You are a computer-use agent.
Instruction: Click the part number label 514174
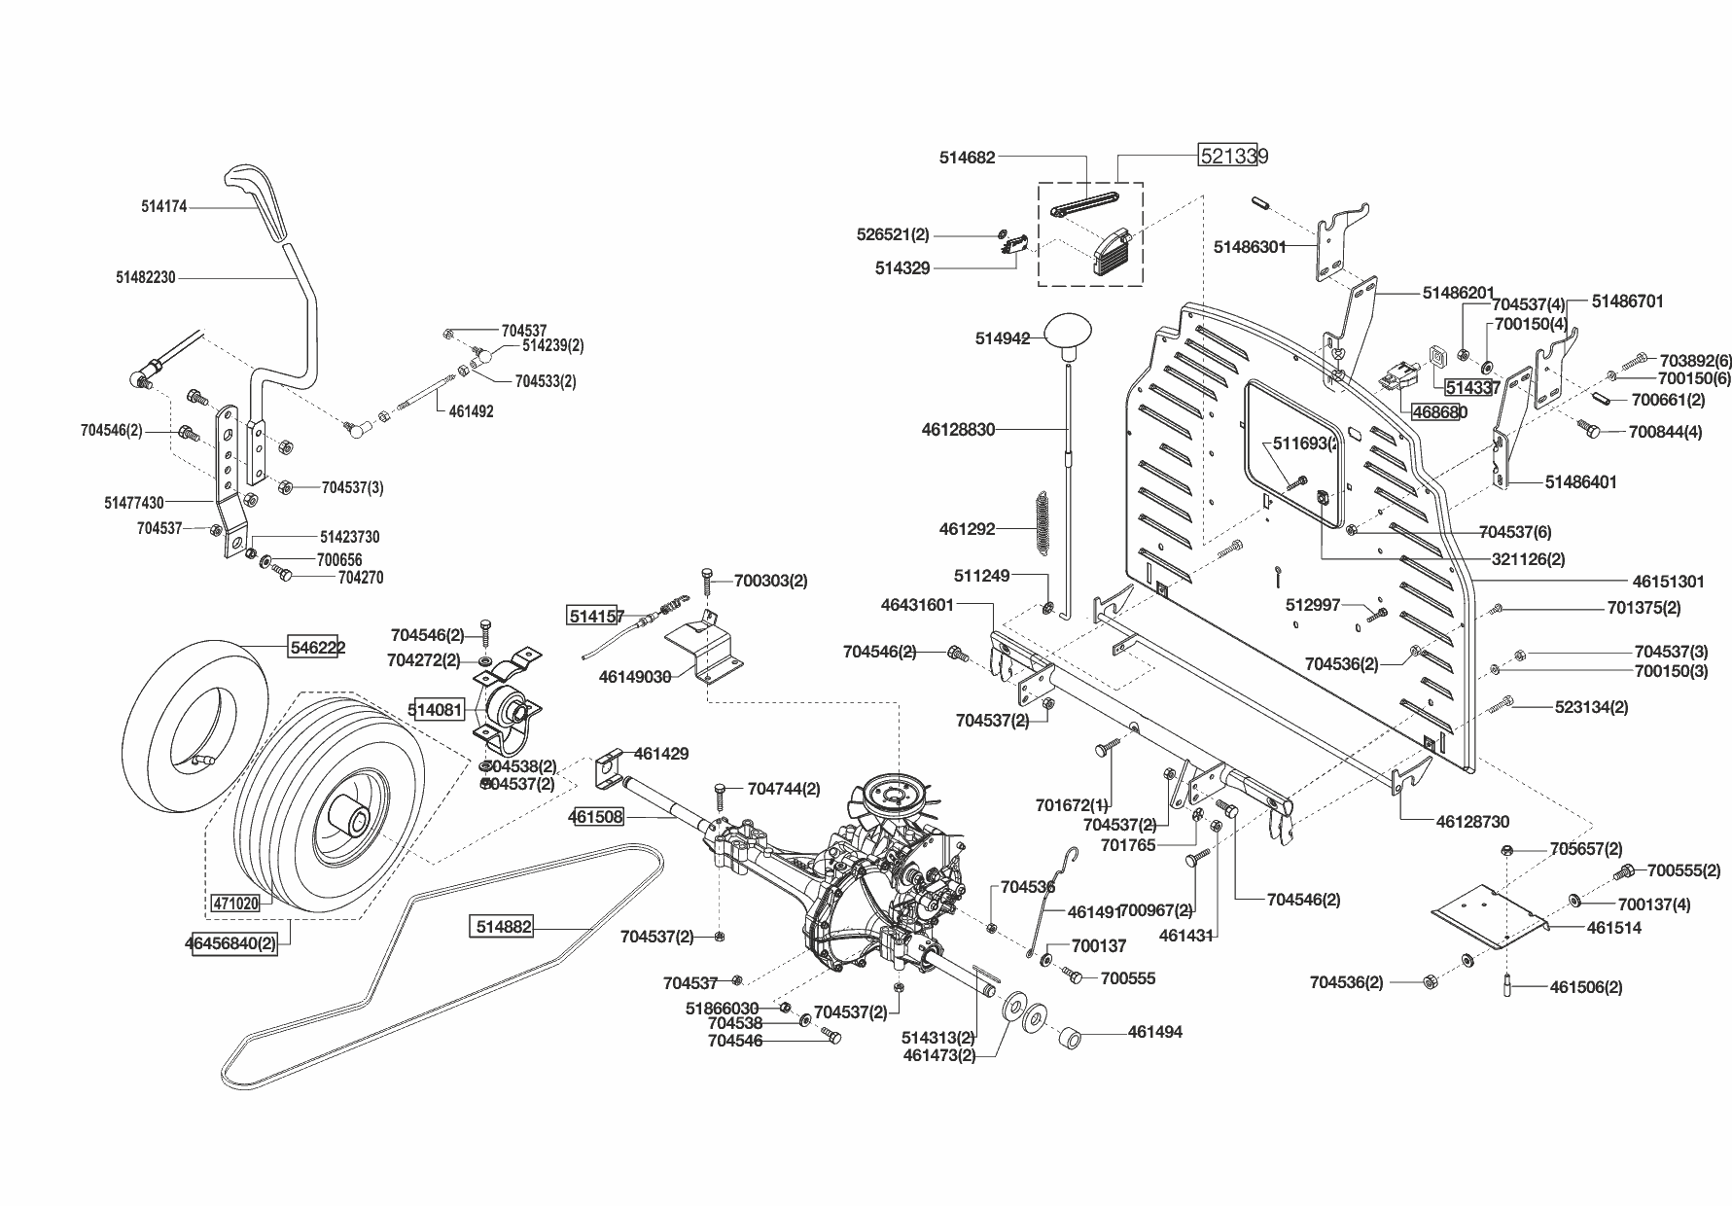pos(163,206)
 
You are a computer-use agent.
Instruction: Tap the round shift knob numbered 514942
pos(1070,331)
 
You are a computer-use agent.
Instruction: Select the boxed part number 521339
pos(1233,156)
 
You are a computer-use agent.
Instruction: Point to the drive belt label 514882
pos(504,927)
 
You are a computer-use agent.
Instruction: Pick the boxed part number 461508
pos(595,817)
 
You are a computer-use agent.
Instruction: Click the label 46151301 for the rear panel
pos(1668,582)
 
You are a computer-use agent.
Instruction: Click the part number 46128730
pos(1472,822)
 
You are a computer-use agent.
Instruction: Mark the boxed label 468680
pos(1439,411)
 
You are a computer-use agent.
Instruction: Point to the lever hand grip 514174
pos(261,201)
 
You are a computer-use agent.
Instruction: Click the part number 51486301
pos(1250,247)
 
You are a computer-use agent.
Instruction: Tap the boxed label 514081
pos(436,710)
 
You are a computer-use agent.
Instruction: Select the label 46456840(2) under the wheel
pos(230,943)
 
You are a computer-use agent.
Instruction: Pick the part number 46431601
pos(917,604)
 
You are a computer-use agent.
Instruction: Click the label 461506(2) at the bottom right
pos(1586,987)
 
